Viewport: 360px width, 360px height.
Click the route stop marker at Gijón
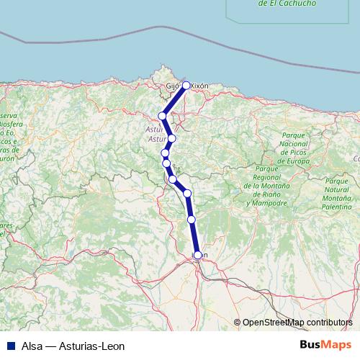point(186,85)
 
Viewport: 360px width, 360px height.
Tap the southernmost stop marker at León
point(198,254)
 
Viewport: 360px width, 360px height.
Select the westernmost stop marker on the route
point(163,115)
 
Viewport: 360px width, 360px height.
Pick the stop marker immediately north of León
point(192,219)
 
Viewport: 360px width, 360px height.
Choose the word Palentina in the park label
point(337,206)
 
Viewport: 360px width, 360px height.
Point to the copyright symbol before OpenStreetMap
point(237,322)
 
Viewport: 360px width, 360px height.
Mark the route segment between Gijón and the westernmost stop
point(174,100)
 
